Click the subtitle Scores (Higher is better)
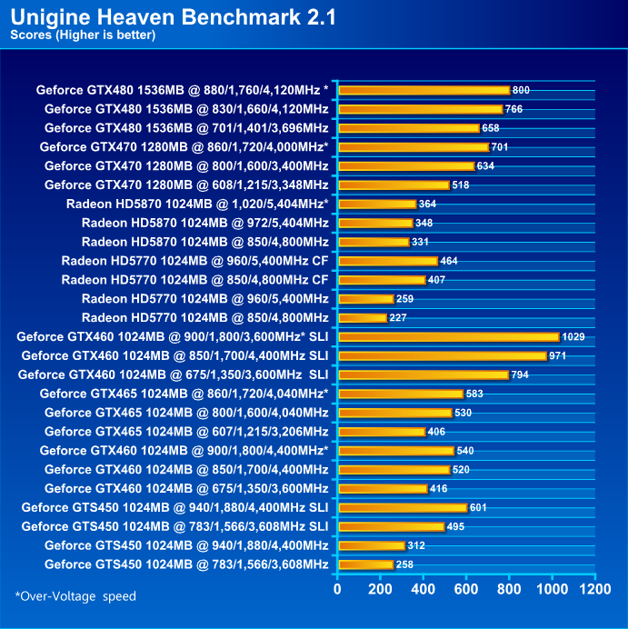click(x=83, y=35)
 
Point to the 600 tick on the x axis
click(x=466, y=589)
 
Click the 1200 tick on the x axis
click(x=595, y=589)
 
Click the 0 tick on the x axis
click(x=337, y=589)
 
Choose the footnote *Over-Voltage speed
click(x=75, y=596)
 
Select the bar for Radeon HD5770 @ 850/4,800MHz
click(x=362, y=317)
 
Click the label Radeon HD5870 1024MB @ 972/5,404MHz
click(x=204, y=223)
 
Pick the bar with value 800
click(x=424, y=90)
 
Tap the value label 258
click(x=405, y=564)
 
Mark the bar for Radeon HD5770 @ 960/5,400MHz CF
click(x=387, y=261)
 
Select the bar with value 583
click(x=400, y=394)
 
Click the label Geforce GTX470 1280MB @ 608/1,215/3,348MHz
click(x=186, y=185)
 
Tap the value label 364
click(x=428, y=204)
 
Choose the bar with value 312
click(x=371, y=545)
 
